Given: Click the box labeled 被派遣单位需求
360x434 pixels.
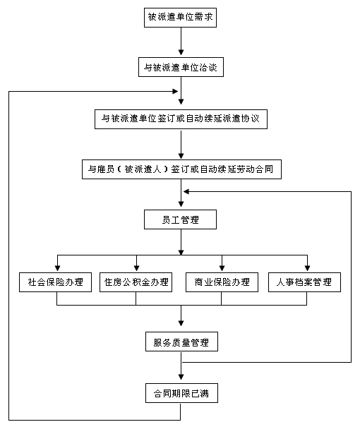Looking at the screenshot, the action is click(x=180, y=18).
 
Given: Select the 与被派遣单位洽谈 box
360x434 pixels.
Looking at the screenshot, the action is click(x=181, y=67).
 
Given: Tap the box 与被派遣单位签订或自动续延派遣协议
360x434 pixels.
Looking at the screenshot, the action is click(x=181, y=119).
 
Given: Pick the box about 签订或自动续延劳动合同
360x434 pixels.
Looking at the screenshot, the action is click(x=181, y=169).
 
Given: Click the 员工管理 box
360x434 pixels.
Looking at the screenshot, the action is click(x=180, y=219).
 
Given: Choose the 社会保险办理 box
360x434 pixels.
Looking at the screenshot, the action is click(x=55, y=282).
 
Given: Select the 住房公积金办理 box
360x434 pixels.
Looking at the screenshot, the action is click(x=136, y=282).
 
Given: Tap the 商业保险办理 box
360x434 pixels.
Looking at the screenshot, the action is click(x=222, y=282).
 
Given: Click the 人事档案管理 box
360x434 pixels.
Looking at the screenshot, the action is click(x=305, y=282).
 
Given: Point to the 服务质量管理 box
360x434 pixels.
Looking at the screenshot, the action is click(x=181, y=342).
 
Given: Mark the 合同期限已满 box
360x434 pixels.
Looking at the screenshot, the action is click(x=181, y=393).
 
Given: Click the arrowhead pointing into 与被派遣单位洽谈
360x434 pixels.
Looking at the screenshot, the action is click(x=181, y=52).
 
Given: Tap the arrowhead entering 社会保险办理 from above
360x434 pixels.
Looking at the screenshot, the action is click(x=58, y=268).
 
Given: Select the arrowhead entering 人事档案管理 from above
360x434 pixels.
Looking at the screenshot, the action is click(x=307, y=268).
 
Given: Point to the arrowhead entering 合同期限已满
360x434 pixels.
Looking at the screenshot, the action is click(x=181, y=377).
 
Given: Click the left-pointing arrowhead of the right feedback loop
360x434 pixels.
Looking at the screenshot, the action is click(x=186, y=191).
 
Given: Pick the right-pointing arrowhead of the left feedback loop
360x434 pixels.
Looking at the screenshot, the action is click(x=175, y=91).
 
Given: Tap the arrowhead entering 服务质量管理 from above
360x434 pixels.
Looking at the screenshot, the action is click(x=181, y=323).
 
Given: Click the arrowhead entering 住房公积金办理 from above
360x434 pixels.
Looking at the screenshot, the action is click(x=136, y=268).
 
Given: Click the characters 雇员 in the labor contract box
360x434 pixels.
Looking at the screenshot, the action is click(x=105, y=169).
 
